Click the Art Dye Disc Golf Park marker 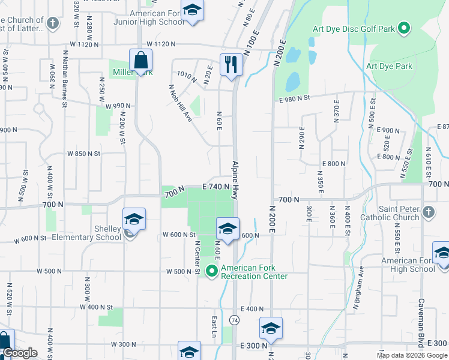404,28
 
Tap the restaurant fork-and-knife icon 231,63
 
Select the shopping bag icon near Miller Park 140,59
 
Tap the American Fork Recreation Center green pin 211,271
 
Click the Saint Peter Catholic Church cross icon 428,212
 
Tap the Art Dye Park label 388,66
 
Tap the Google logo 19,353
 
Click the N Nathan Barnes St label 64,76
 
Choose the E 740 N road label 216,187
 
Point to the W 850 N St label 83,154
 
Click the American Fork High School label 408,265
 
